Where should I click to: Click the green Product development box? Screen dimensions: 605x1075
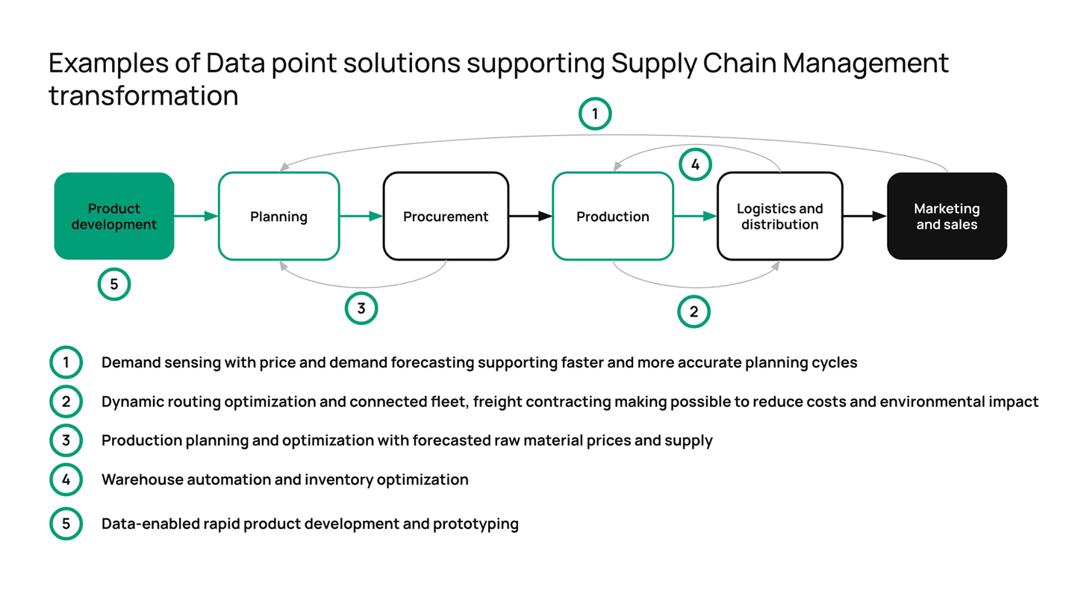pos(114,217)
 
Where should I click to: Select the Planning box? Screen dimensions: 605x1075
pos(278,217)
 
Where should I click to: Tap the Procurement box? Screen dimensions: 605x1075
pos(446,217)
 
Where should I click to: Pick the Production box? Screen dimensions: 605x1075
pos(613,217)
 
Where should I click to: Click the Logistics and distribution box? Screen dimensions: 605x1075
pos(779,217)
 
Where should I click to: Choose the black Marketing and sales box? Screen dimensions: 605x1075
pos(947,217)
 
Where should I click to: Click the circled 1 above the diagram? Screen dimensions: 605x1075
pos(595,114)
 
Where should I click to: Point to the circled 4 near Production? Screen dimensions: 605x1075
pos(694,165)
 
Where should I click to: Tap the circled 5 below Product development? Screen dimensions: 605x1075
pos(114,284)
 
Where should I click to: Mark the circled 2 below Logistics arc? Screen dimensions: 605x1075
pos(694,312)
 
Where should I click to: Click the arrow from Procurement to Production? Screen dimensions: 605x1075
pos(530,217)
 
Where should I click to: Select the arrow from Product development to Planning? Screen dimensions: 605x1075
pos(196,217)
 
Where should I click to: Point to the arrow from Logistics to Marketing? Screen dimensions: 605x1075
pos(864,217)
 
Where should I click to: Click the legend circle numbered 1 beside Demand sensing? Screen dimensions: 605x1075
pos(66,363)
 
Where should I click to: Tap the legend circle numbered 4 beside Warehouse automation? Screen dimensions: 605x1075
pos(66,480)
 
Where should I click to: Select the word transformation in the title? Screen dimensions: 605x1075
pos(143,96)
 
